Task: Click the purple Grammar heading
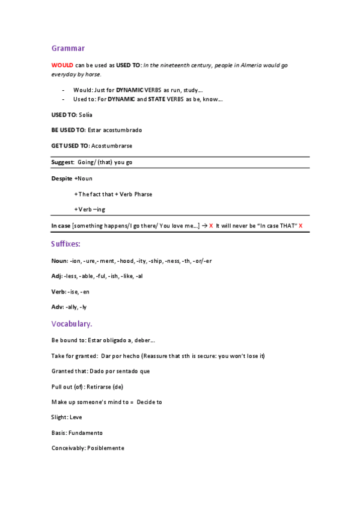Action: tap(68, 48)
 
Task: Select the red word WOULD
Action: tap(62, 65)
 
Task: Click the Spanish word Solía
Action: tap(85, 114)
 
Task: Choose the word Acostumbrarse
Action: tap(111, 146)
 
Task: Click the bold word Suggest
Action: tap(63, 162)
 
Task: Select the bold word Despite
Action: tap(62, 179)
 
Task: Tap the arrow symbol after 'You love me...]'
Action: tap(204, 226)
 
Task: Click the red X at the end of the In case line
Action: tap(301, 226)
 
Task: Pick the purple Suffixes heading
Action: tap(66, 244)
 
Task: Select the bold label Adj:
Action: tap(56, 276)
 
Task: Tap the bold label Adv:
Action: tap(57, 307)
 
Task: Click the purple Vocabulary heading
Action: tap(72, 324)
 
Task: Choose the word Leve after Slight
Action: tap(76, 417)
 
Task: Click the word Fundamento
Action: tap(85, 433)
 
